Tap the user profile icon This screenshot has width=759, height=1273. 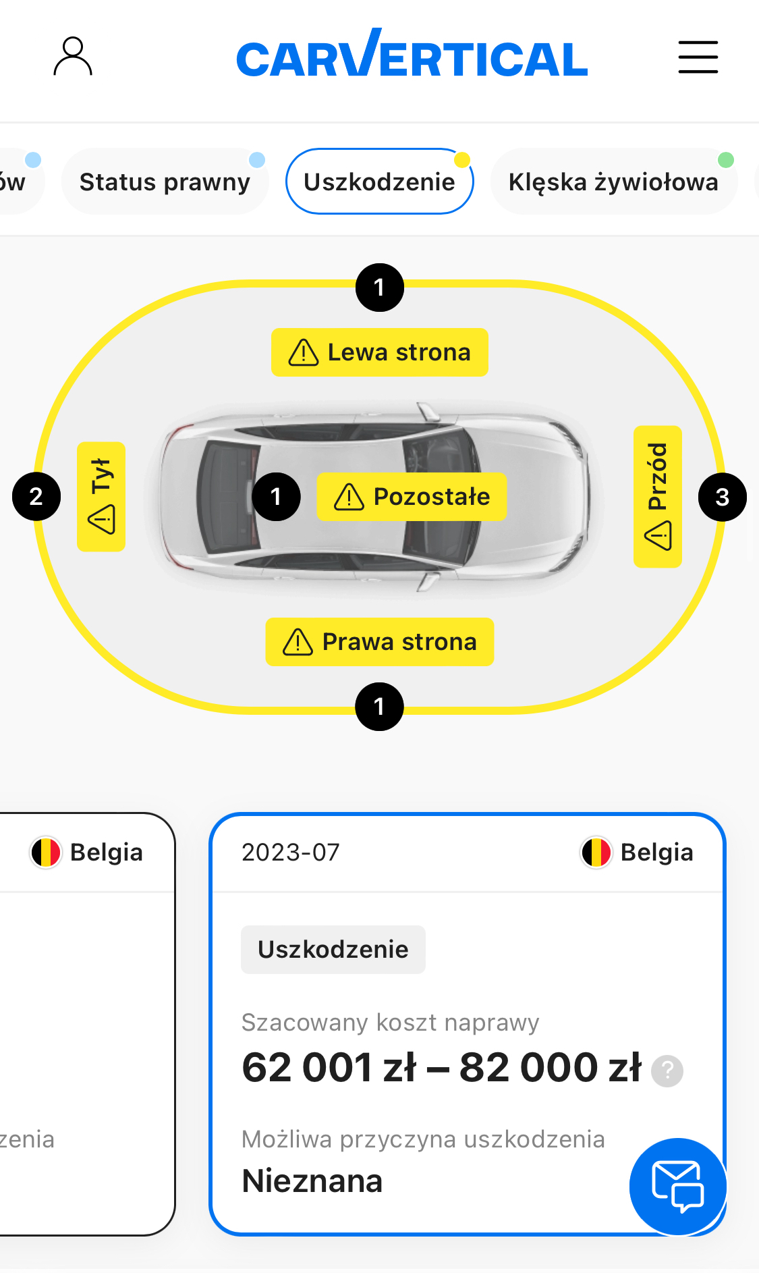click(x=73, y=57)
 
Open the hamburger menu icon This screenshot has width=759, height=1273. click(x=698, y=57)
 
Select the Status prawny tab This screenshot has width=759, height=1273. click(x=165, y=182)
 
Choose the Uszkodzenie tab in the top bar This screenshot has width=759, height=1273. click(x=379, y=182)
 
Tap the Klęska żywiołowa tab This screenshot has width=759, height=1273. click(x=613, y=182)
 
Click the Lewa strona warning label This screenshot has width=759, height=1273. click(x=379, y=352)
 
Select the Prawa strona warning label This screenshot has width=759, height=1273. click(x=379, y=642)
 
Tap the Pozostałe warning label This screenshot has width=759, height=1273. click(x=412, y=497)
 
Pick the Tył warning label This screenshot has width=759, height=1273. click(x=101, y=497)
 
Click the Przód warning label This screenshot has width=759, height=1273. click(x=658, y=497)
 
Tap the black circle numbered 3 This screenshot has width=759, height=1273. click(x=722, y=497)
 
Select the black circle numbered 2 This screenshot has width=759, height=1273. click(x=36, y=497)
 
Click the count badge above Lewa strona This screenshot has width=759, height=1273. click(x=380, y=288)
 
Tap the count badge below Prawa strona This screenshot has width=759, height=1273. click(x=379, y=707)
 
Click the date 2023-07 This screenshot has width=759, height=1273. click(x=291, y=852)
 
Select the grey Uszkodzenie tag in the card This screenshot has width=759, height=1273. click(x=333, y=950)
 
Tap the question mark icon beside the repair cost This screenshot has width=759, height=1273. click(x=667, y=1071)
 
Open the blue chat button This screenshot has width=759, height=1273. click(x=677, y=1187)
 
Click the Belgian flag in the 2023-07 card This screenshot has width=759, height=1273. click(x=596, y=852)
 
